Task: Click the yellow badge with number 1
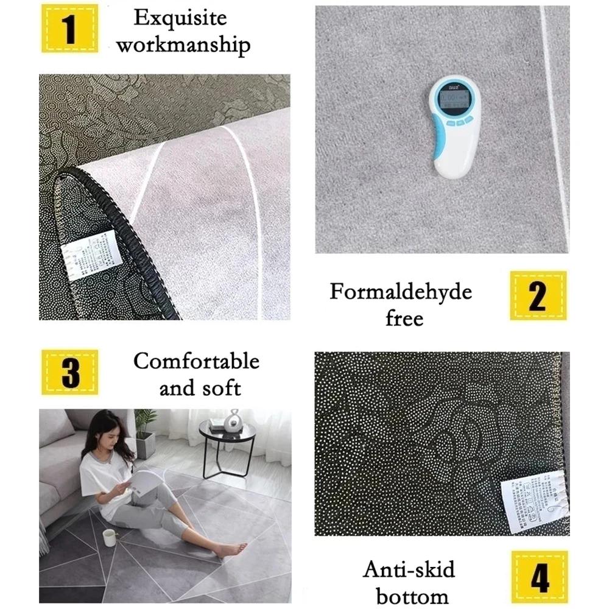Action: tap(70, 29)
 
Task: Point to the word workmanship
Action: tap(183, 46)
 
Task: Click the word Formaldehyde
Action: tap(401, 292)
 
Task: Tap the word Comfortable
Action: tap(196, 361)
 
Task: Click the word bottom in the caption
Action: tap(412, 596)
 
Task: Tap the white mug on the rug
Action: tap(110, 538)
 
